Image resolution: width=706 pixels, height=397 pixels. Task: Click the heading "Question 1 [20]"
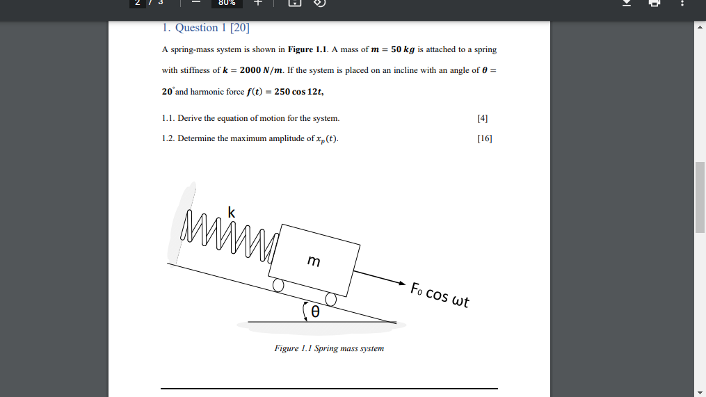205,29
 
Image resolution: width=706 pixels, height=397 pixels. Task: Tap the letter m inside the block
314,261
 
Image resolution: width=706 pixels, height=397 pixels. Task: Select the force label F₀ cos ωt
440,295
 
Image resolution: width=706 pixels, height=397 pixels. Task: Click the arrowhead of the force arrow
401,284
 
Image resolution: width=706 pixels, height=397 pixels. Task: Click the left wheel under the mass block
278,285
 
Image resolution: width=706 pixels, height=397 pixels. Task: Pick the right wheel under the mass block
330,300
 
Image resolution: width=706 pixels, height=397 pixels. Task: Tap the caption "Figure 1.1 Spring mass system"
329,348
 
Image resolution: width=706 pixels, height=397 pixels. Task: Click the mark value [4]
483,118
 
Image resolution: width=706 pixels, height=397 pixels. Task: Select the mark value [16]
485,138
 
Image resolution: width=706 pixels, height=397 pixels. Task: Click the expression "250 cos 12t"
299,92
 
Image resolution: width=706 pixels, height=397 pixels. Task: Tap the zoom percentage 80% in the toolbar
227,3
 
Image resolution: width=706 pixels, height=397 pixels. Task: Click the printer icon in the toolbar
654,3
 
